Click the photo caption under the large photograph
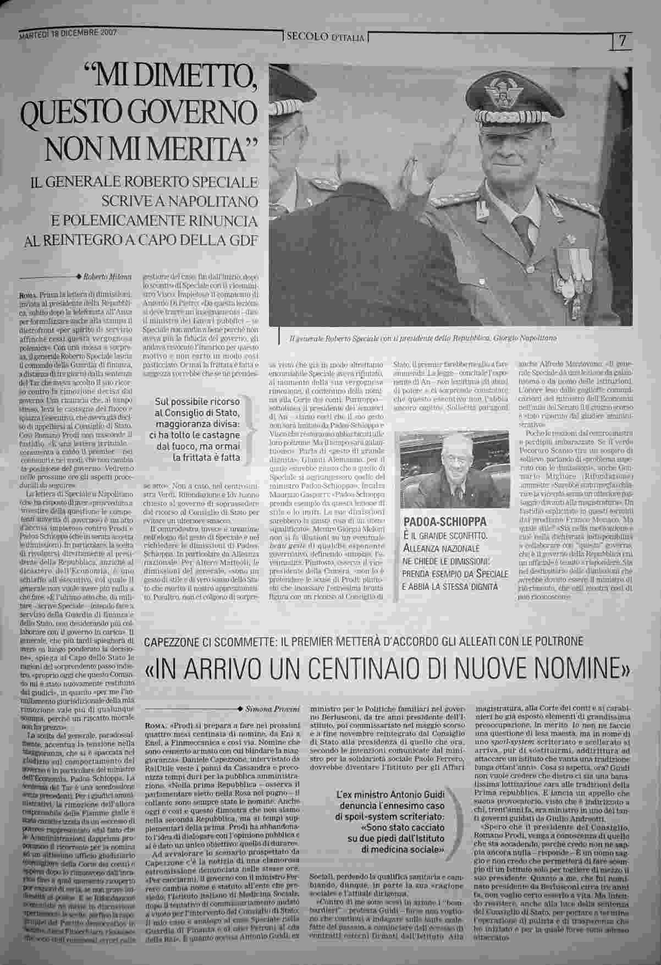pos(422,339)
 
